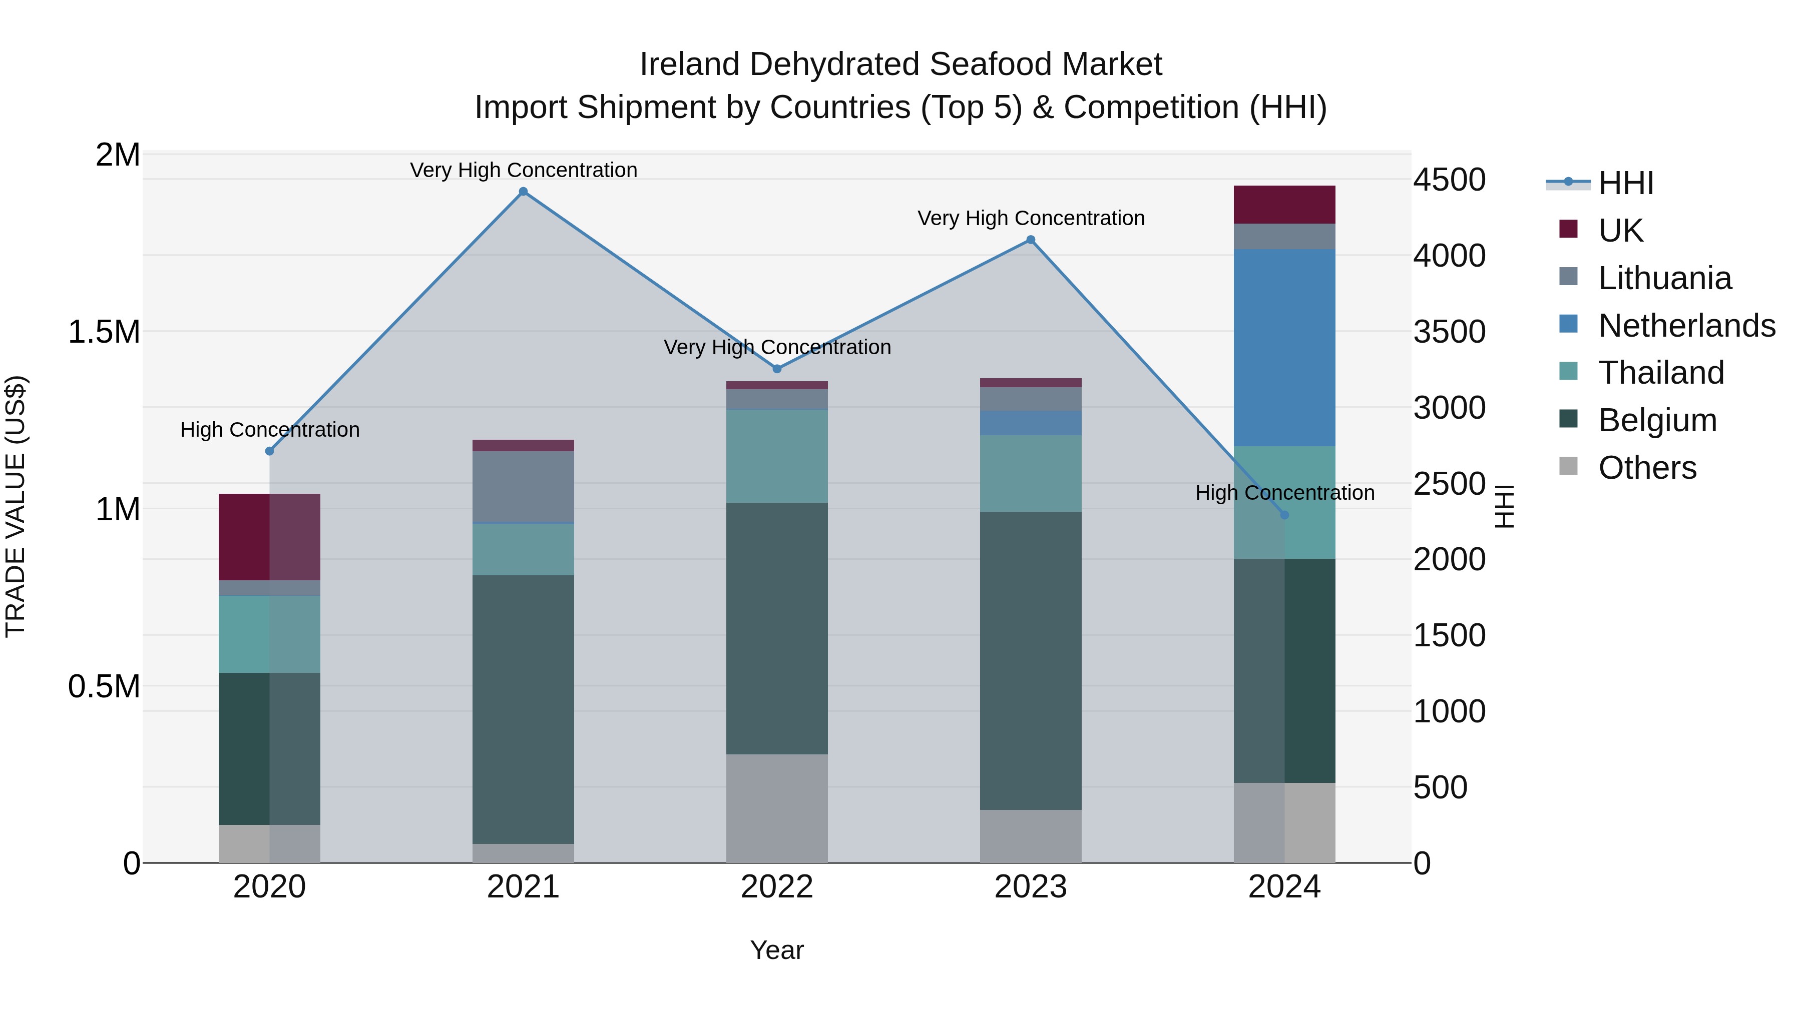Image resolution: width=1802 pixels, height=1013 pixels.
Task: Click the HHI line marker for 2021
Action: [x=523, y=192]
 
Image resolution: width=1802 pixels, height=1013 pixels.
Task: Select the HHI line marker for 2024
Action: [x=1284, y=515]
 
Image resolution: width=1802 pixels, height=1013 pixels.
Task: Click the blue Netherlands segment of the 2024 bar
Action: [x=1284, y=348]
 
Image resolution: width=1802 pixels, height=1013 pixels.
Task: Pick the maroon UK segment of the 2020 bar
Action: [x=269, y=537]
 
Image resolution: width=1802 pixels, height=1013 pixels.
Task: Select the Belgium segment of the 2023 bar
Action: [x=1031, y=661]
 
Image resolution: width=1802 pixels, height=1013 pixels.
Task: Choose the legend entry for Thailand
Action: [x=1661, y=373]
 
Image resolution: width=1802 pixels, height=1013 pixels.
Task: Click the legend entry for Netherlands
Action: [x=1686, y=326]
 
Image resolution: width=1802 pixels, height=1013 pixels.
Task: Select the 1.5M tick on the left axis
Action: [x=104, y=332]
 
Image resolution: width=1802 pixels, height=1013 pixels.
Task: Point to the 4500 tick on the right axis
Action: [x=1449, y=181]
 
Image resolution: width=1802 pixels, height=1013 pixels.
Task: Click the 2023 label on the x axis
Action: [x=1031, y=887]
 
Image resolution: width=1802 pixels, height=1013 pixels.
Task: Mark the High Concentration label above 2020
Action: [x=270, y=429]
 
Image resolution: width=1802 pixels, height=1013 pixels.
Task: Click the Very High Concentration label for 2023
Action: [x=1031, y=218]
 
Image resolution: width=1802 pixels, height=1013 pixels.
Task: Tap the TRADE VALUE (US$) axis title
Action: [x=16, y=506]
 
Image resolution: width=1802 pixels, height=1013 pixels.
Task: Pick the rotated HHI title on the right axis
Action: [x=1504, y=506]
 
